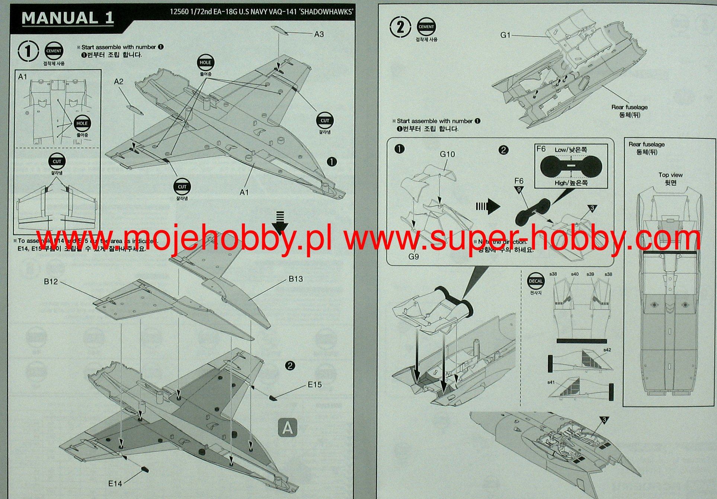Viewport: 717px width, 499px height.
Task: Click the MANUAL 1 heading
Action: tap(68, 18)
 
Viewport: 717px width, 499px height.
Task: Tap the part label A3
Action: tap(319, 35)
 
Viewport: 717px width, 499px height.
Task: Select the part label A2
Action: tap(119, 81)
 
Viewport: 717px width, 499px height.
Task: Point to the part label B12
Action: tap(51, 282)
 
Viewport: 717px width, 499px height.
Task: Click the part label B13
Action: tap(296, 279)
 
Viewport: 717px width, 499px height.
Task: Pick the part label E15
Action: tap(315, 385)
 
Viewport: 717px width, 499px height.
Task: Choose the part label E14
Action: tap(115, 483)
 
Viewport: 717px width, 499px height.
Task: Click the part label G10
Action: tap(447, 154)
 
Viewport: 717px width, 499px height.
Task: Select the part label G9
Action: tap(414, 257)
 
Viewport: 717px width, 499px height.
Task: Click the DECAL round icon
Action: tap(535, 281)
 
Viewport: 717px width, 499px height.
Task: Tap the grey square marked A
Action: tap(288, 428)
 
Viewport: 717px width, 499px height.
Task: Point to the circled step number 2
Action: tap(400, 27)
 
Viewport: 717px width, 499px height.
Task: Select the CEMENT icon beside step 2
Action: tap(426, 27)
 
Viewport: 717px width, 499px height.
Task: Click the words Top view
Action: tap(670, 175)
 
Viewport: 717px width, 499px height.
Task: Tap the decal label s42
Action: tap(607, 350)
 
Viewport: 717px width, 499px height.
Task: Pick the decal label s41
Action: tap(551, 382)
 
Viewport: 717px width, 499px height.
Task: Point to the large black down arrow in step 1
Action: tap(280, 222)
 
